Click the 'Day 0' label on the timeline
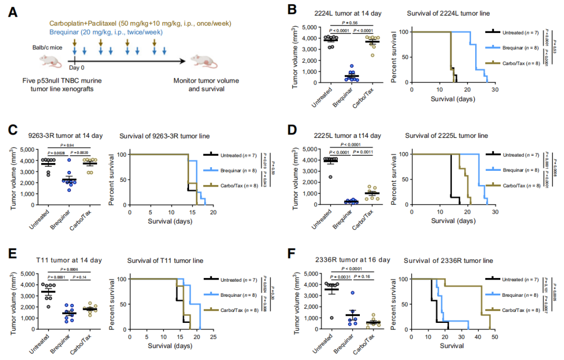click(x=77, y=68)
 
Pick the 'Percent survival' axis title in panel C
click(x=116, y=179)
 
